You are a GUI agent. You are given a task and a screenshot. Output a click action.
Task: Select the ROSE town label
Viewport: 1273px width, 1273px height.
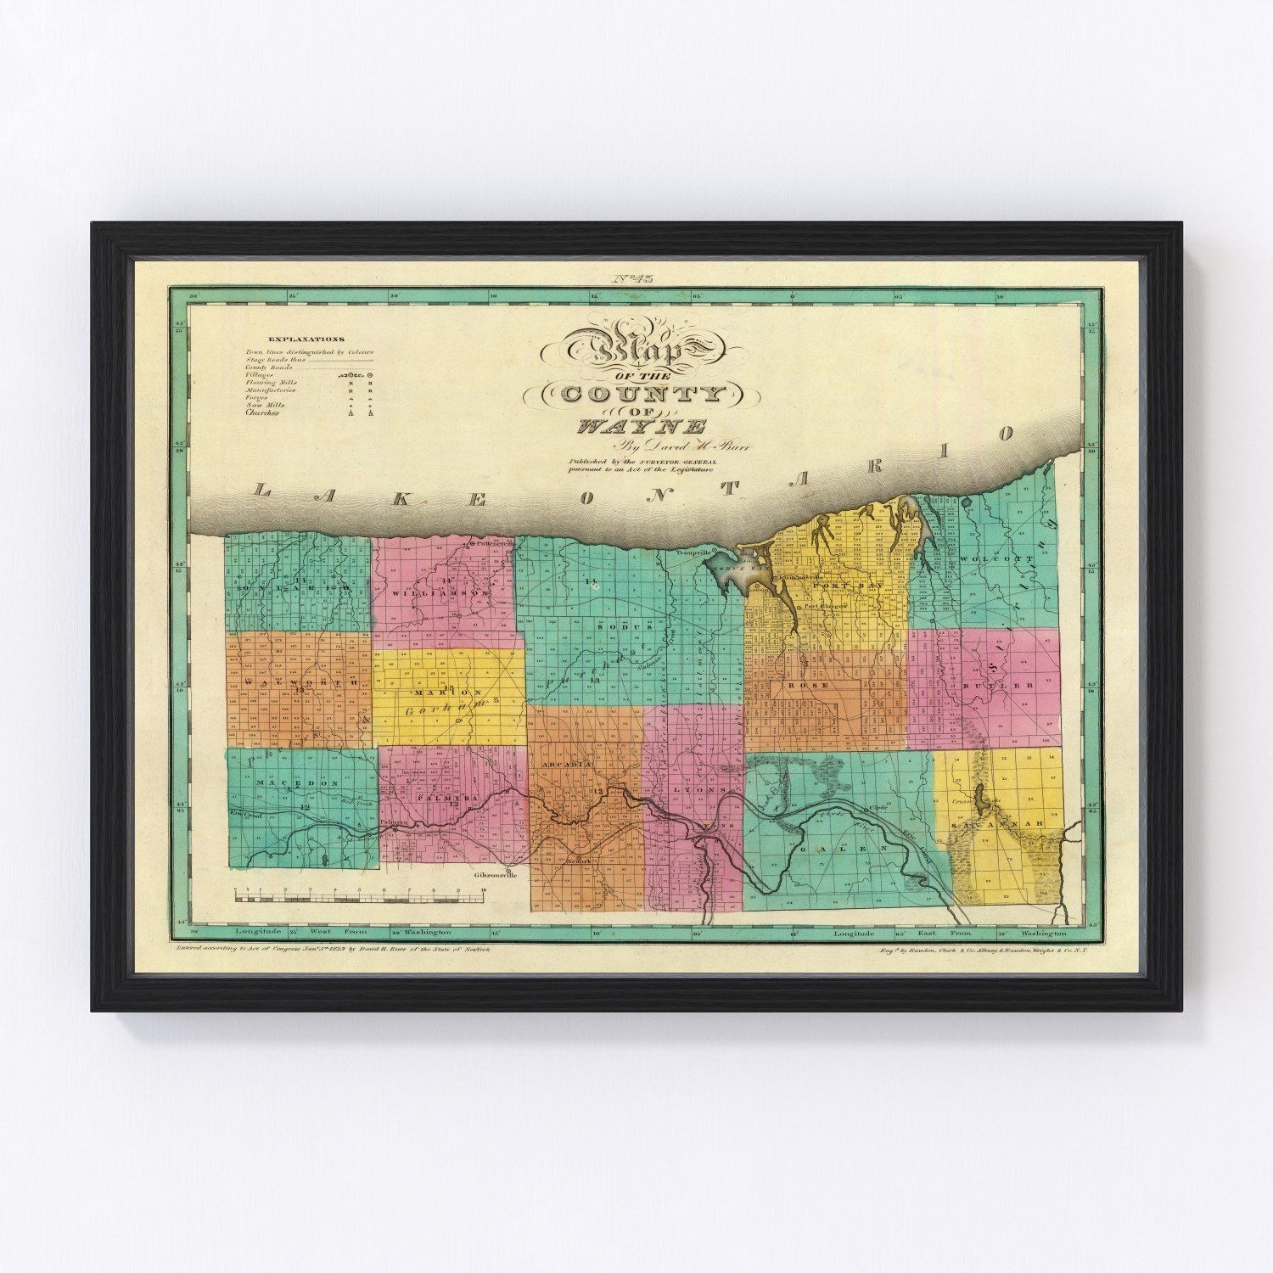[801, 685]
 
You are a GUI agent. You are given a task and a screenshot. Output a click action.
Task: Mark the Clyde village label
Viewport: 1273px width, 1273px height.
[878, 807]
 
